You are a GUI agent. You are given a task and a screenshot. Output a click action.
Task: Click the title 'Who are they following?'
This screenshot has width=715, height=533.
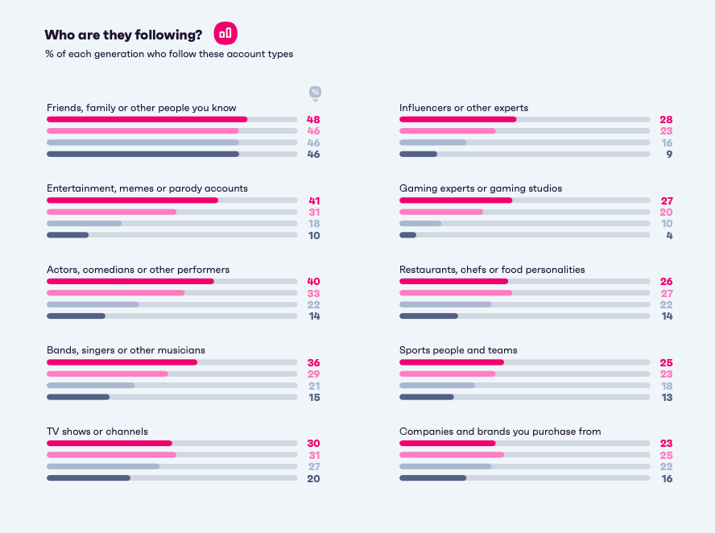point(123,34)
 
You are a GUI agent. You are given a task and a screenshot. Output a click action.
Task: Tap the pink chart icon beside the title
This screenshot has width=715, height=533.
point(225,33)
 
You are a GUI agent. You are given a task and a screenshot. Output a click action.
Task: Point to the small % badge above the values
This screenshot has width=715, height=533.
point(315,92)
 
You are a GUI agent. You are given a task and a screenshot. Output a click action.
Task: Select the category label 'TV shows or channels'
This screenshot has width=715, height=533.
point(97,432)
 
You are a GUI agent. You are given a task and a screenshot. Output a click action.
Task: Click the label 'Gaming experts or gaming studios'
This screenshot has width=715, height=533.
point(481,188)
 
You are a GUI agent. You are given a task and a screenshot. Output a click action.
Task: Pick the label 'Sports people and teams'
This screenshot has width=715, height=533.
point(458,350)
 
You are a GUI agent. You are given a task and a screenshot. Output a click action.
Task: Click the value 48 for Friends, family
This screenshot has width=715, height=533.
point(313,119)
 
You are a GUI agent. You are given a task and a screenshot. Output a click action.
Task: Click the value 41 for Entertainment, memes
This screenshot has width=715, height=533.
point(313,200)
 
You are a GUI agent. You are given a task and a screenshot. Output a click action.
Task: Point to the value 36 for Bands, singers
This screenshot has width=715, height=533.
point(313,362)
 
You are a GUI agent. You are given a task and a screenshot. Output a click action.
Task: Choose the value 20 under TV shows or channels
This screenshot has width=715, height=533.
point(313,478)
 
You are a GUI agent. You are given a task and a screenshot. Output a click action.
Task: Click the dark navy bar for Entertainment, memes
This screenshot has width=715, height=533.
point(68,235)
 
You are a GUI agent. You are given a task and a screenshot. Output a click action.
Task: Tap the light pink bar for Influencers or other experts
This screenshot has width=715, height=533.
point(448,130)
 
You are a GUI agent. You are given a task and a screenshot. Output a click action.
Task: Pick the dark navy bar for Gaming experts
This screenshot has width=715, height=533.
point(408,235)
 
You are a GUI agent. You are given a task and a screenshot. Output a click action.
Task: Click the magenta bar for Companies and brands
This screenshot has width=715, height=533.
point(448,443)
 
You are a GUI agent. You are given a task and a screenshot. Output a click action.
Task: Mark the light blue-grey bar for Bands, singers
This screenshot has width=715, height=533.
point(91,386)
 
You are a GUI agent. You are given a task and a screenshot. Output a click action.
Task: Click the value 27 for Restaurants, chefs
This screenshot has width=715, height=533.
point(666,293)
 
